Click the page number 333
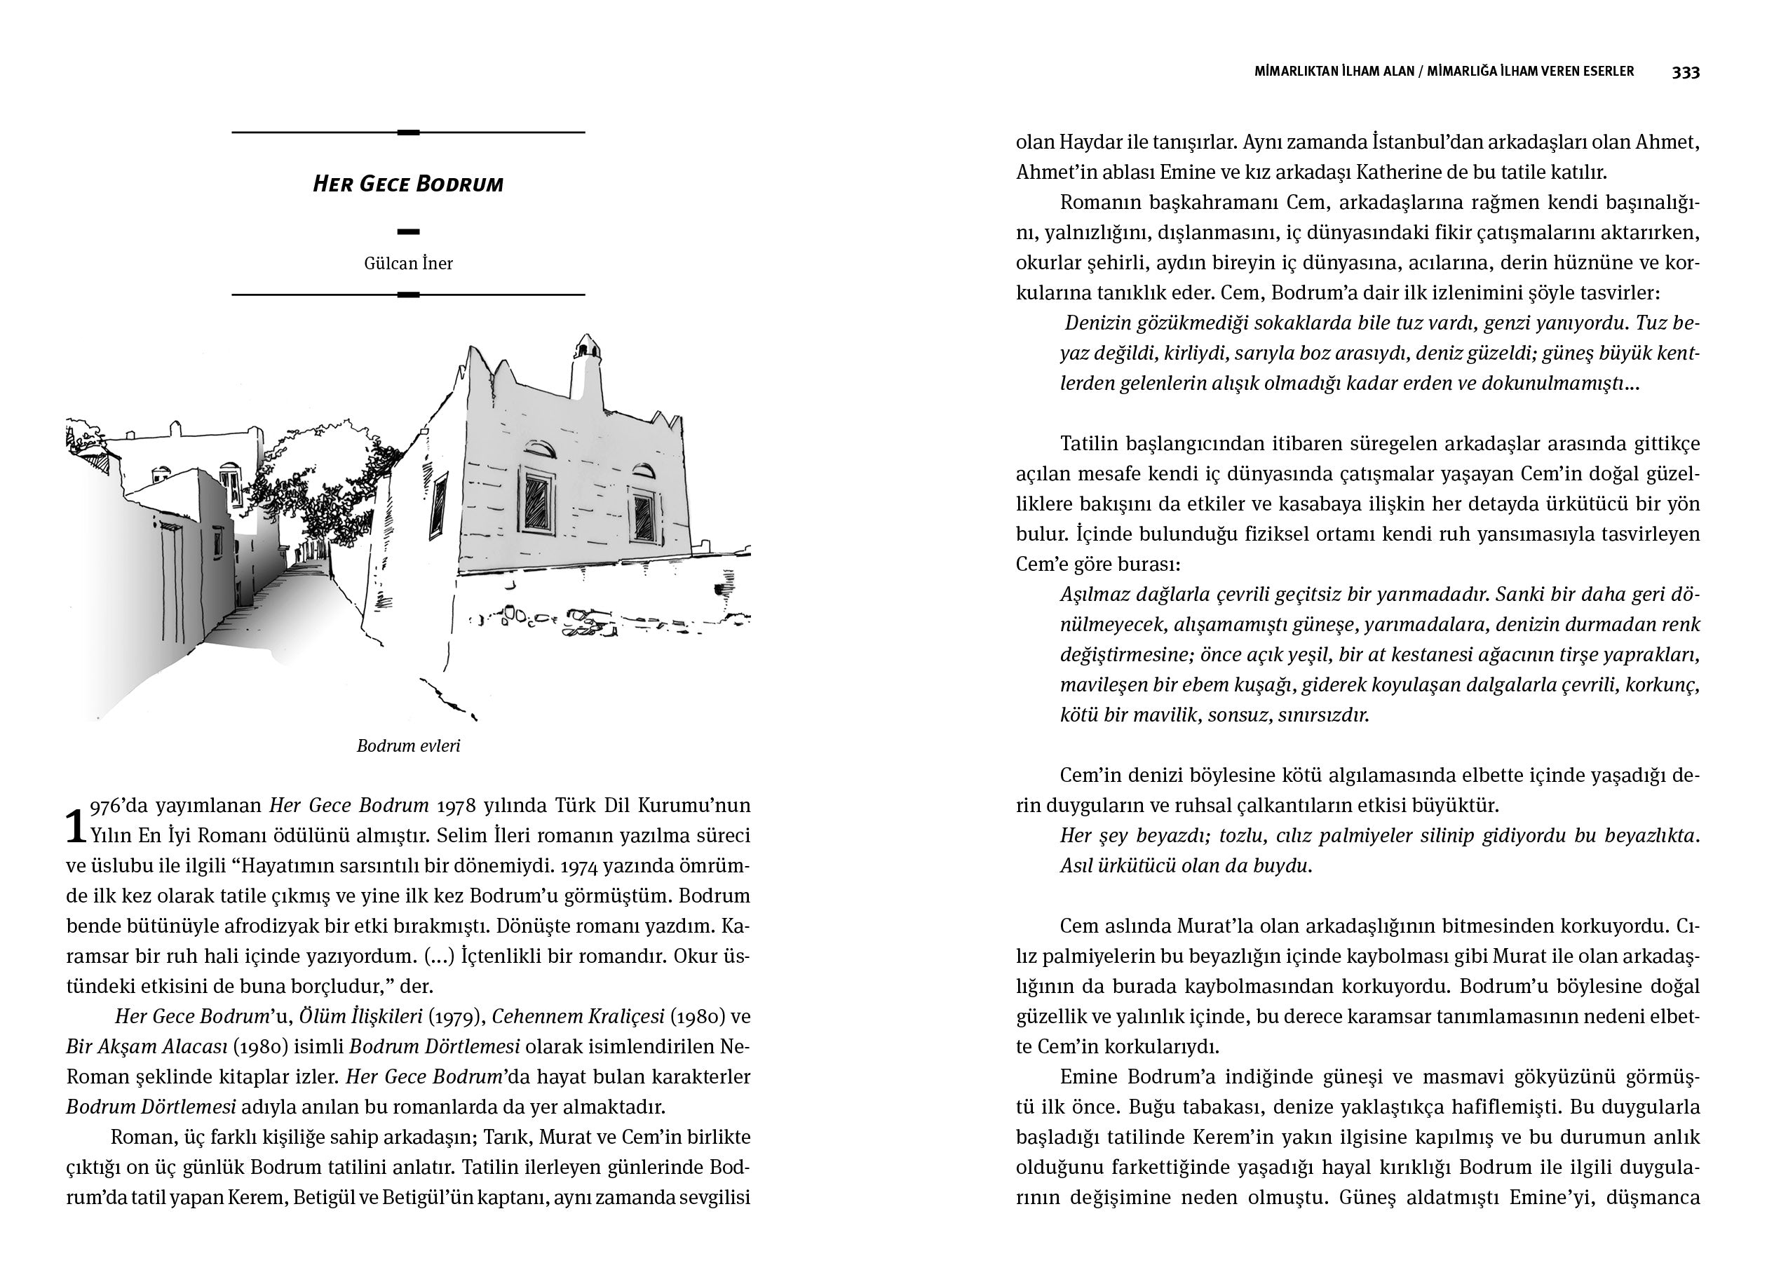click(1685, 72)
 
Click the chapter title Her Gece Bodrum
click(407, 184)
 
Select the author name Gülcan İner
click(407, 264)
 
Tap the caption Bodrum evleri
click(407, 745)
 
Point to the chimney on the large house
click(587, 366)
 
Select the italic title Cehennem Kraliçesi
click(577, 1017)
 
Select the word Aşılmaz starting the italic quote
click(1096, 595)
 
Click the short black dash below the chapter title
click(407, 231)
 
